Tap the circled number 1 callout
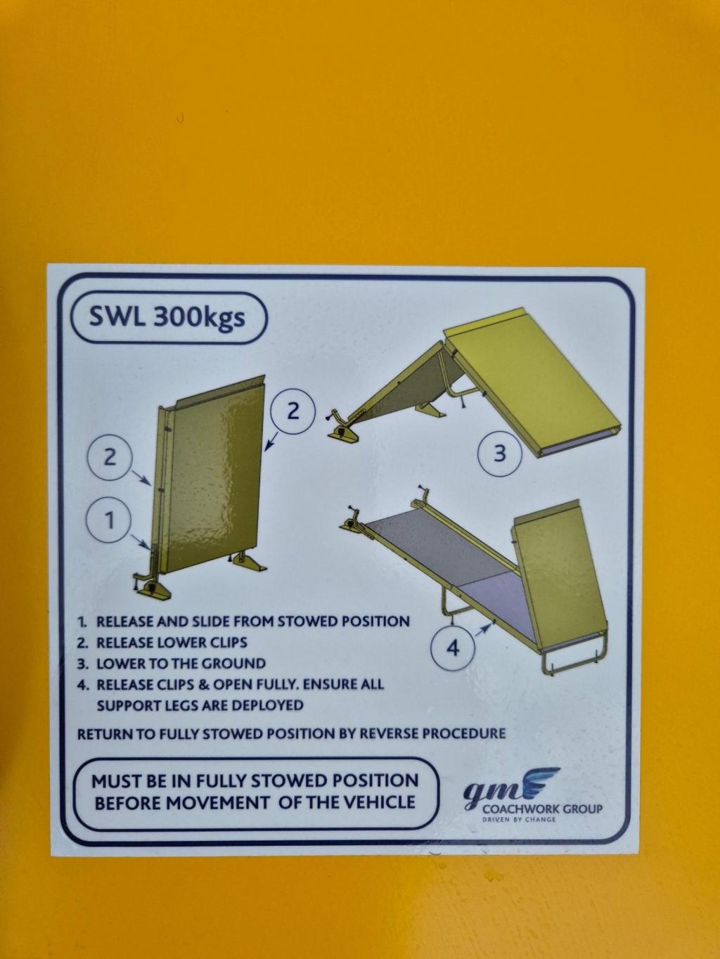click(110, 520)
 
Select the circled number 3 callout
click(500, 454)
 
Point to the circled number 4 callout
click(453, 648)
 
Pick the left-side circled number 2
click(110, 458)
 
